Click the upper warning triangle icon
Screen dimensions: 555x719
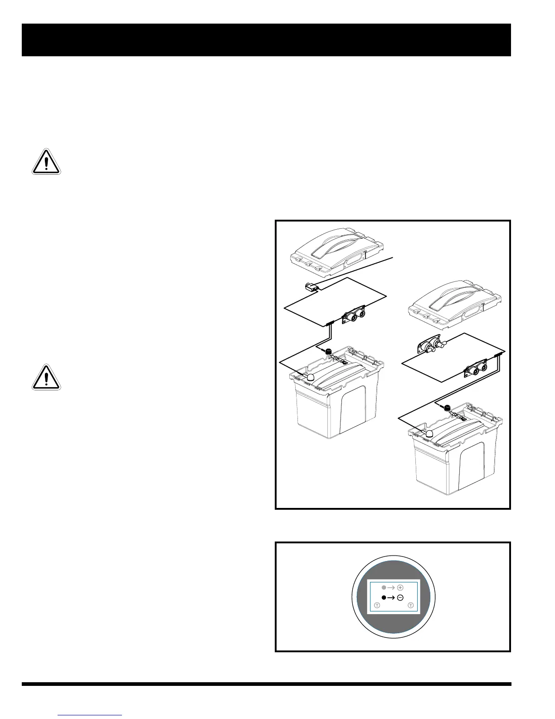pos(46,162)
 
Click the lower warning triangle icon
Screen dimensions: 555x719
pos(46,377)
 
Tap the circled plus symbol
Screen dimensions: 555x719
pos(400,587)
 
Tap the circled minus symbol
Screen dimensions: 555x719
pos(400,597)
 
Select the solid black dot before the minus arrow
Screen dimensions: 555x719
pos(384,597)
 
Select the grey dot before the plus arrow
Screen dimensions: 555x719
pos(384,587)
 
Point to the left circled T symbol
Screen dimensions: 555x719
pos(377,605)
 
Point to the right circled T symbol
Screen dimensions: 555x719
pos(411,605)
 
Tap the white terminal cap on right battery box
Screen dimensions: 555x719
pos(428,433)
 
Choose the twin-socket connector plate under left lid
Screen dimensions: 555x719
pos(355,315)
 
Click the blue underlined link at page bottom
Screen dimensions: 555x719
pos(90,715)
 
